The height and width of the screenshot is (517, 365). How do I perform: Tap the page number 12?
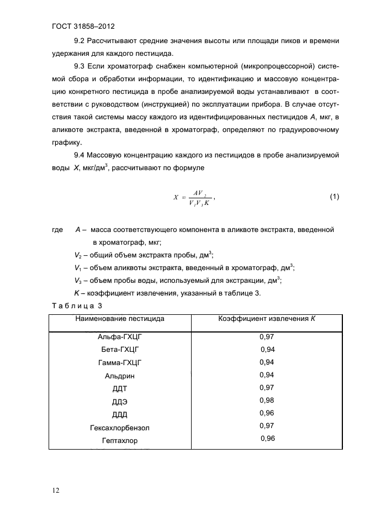pyautogui.click(x=56, y=490)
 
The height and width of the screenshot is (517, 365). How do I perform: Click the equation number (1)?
pyautogui.click(x=334, y=197)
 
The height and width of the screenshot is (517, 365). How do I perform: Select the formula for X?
pyautogui.click(x=193, y=198)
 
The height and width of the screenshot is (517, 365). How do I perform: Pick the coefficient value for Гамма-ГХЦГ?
pyautogui.click(x=267, y=362)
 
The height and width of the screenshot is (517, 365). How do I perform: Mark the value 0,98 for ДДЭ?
pyautogui.click(x=267, y=400)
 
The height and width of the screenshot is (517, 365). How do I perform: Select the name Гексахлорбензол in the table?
pyautogui.click(x=119, y=428)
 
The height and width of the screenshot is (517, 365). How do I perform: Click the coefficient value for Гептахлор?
pyautogui.click(x=267, y=439)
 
